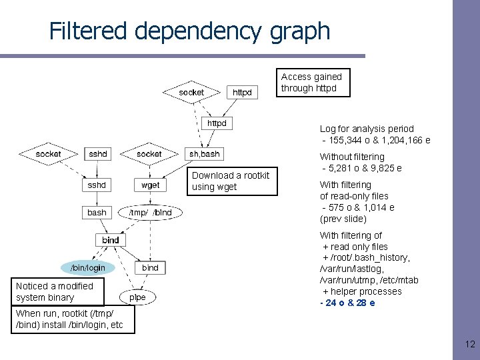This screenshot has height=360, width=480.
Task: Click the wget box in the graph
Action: click(x=151, y=185)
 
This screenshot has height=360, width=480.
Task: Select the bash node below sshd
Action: click(x=97, y=213)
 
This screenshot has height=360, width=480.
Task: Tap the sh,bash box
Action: click(x=204, y=153)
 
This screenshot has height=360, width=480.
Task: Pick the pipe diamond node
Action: click(x=137, y=297)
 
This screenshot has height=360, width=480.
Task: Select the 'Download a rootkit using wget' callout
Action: click(x=231, y=181)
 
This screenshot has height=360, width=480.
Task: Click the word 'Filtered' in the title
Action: click(x=91, y=31)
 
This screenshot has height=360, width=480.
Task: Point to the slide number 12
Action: click(x=469, y=345)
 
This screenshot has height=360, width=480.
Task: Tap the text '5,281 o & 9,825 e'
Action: click(x=362, y=168)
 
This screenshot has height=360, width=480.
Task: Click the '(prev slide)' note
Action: click(x=343, y=219)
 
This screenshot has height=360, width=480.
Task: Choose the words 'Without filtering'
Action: click(x=352, y=157)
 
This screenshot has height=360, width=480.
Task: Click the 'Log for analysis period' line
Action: click(x=367, y=129)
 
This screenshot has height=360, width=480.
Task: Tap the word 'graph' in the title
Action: click(x=303, y=31)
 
